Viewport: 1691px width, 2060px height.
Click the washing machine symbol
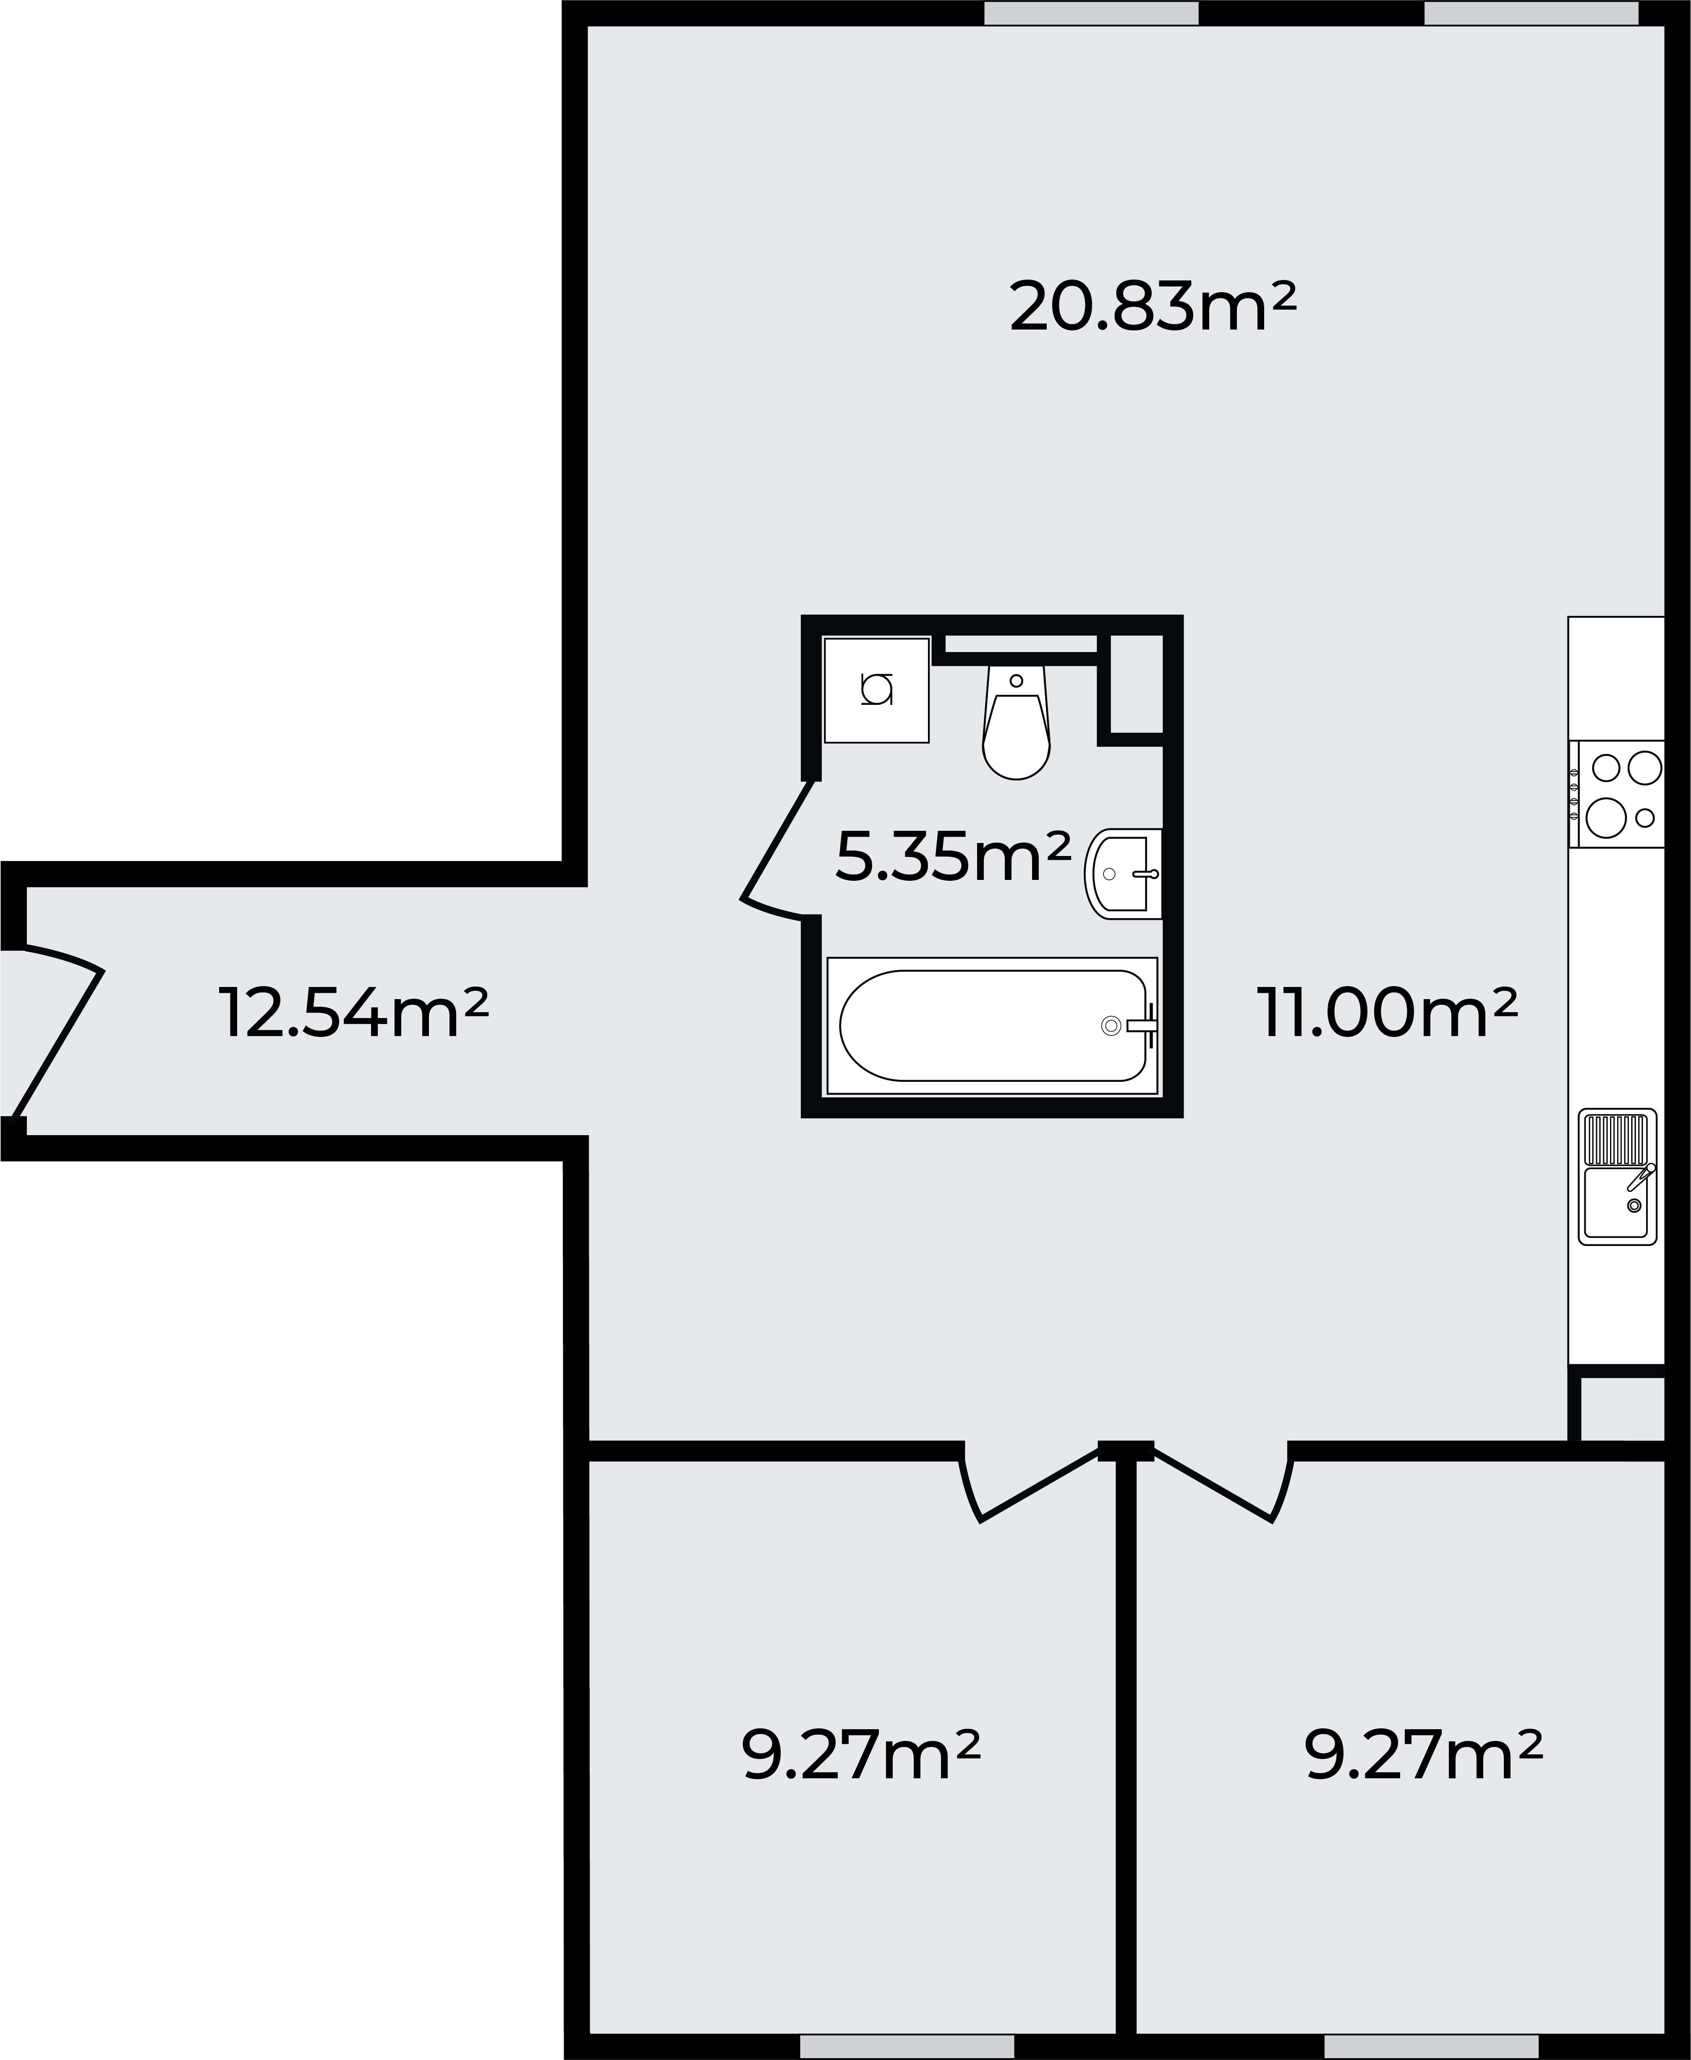pyautogui.click(x=876, y=690)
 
